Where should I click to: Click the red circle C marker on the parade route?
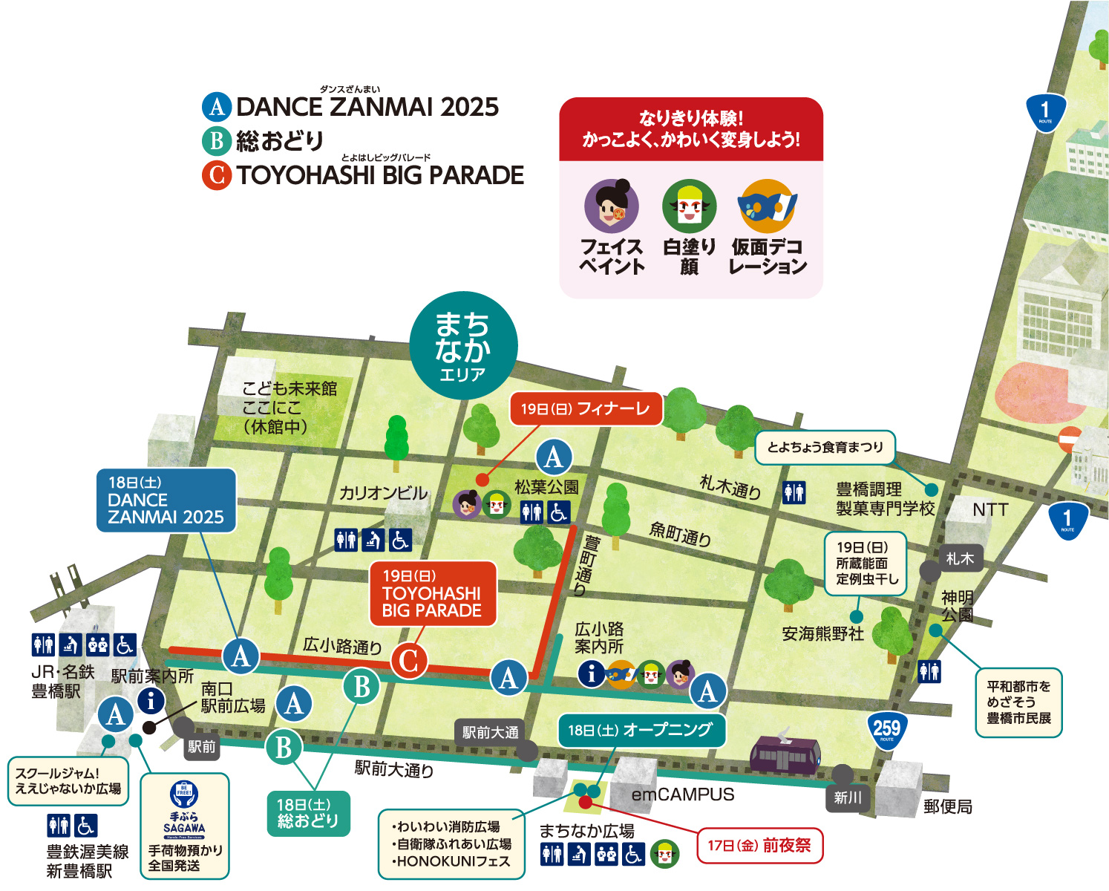coord(409,661)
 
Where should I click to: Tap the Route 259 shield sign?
coord(886,729)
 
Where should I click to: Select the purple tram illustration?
coord(785,754)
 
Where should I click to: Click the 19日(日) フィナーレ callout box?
coord(586,409)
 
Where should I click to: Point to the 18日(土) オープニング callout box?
coord(640,731)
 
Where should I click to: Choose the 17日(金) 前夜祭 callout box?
coord(759,846)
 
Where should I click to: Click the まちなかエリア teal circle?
coord(463,345)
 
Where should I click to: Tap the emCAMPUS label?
coord(682,794)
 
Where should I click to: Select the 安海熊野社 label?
coord(822,633)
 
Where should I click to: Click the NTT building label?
coord(989,509)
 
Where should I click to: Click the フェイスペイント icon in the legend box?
coord(611,206)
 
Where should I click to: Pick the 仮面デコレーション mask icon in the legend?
coord(767,206)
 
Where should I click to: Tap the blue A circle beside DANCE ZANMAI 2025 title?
coord(217,107)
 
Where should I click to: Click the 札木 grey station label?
coord(960,558)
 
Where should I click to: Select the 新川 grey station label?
coord(847,797)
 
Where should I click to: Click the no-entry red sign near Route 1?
coord(1070,440)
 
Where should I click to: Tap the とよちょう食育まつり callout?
coord(825,447)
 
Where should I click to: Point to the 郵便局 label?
coord(948,806)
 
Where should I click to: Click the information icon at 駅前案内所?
coord(151,700)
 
